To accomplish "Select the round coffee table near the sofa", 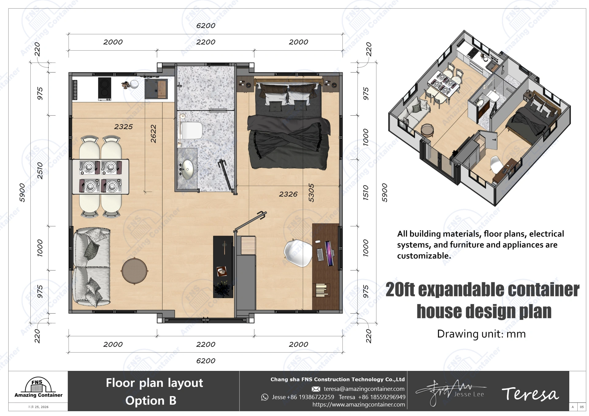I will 134,271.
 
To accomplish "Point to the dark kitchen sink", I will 156,89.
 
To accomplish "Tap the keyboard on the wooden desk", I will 320,254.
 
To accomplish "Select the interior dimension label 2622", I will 153,133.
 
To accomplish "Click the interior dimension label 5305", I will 311,193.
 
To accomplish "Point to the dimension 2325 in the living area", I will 123,127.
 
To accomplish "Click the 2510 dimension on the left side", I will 40,170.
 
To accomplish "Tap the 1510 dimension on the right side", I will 366,193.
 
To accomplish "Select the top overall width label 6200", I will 206,26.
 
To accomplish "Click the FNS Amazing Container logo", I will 38,388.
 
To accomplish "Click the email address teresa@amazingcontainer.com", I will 364,389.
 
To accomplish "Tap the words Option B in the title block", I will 151,401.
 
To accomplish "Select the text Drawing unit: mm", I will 481,334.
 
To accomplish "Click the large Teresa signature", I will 530,394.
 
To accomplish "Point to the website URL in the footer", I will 358,405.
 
